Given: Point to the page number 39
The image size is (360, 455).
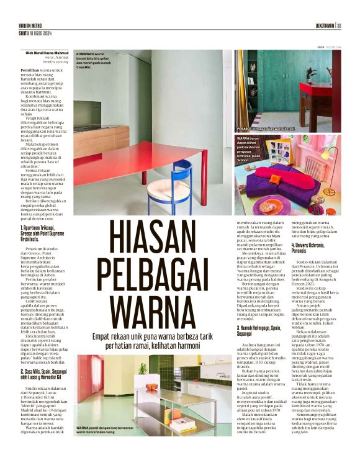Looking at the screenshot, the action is click(340, 25).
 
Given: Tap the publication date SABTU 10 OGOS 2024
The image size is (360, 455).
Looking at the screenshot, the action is click(35, 33).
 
